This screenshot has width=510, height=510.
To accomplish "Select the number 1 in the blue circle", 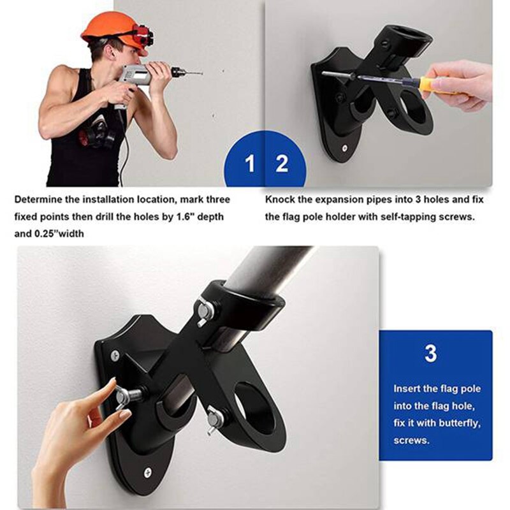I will click(x=250, y=164).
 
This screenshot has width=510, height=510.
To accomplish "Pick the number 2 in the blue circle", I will click(x=282, y=164).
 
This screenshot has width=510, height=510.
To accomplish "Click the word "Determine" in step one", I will click(x=39, y=200).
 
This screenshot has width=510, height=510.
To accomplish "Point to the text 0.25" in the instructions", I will click(x=50, y=234).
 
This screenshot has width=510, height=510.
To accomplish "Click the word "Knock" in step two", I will click(x=280, y=200).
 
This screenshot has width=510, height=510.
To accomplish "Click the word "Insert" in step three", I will click(x=407, y=388).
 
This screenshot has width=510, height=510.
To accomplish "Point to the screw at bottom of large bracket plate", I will click(x=148, y=473).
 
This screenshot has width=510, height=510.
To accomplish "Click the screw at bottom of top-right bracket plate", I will click(x=344, y=147).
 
